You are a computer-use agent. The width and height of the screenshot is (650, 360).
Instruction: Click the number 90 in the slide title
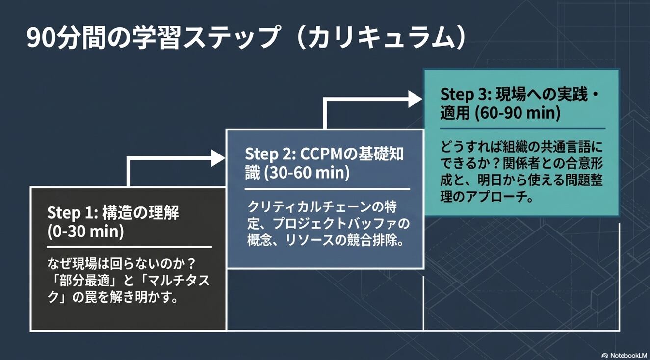[41, 38]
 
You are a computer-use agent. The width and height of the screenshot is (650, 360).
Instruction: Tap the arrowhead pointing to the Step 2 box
[218, 158]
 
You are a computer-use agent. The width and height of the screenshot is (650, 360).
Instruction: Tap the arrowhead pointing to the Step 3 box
[415, 99]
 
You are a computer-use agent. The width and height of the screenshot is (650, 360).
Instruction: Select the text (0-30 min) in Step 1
[85, 231]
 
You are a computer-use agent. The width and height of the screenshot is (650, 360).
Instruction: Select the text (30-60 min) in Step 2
[307, 173]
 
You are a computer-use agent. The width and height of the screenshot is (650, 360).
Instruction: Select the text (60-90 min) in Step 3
[518, 113]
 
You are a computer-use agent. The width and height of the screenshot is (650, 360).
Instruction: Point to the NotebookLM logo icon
[605, 356]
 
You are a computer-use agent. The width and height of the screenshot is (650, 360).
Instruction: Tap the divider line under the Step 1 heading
[130, 247]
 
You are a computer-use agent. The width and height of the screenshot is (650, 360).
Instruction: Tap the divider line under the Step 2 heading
[327, 189]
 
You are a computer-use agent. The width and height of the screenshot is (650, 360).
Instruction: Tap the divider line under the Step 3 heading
[522, 128]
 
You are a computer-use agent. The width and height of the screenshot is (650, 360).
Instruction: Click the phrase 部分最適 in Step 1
[84, 281]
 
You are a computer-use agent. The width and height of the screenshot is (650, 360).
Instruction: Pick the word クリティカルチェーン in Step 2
[306, 207]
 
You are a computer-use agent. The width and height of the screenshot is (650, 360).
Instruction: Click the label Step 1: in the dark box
[72, 213]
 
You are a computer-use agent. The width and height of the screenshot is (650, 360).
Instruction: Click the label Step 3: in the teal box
[466, 95]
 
